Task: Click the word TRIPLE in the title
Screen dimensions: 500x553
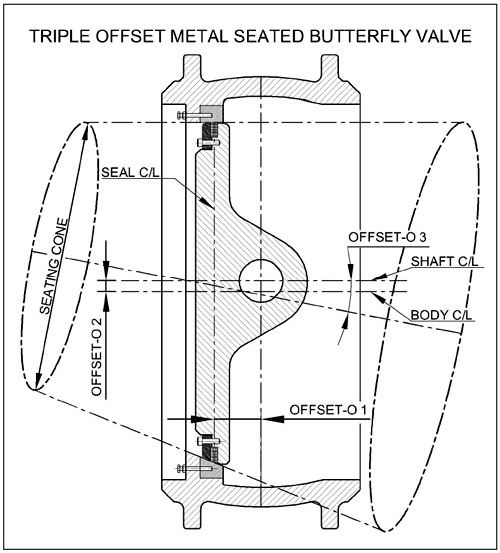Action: pyautogui.click(x=60, y=36)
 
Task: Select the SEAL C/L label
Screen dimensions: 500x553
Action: pyautogui.click(x=130, y=172)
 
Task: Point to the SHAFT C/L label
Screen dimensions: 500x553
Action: pyautogui.click(x=444, y=261)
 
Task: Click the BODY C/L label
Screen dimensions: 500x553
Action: pyautogui.click(x=441, y=315)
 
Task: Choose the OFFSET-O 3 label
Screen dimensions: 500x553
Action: pyautogui.click(x=388, y=237)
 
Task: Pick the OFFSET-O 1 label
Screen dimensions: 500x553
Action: pyautogui.click(x=328, y=410)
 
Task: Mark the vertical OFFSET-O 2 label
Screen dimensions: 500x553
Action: pyautogui.click(x=96, y=357)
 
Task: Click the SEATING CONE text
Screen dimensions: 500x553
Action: pyautogui.click(x=53, y=267)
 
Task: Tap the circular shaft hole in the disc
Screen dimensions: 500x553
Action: pyautogui.click(x=261, y=280)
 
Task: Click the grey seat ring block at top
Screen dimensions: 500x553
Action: pyautogui.click(x=211, y=113)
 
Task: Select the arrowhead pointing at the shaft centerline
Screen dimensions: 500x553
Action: pyautogui.click(x=378, y=276)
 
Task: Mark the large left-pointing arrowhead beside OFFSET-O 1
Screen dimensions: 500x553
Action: pyautogui.click(x=273, y=419)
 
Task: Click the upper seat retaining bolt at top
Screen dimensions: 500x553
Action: pyautogui.click(x=194, y=115)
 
